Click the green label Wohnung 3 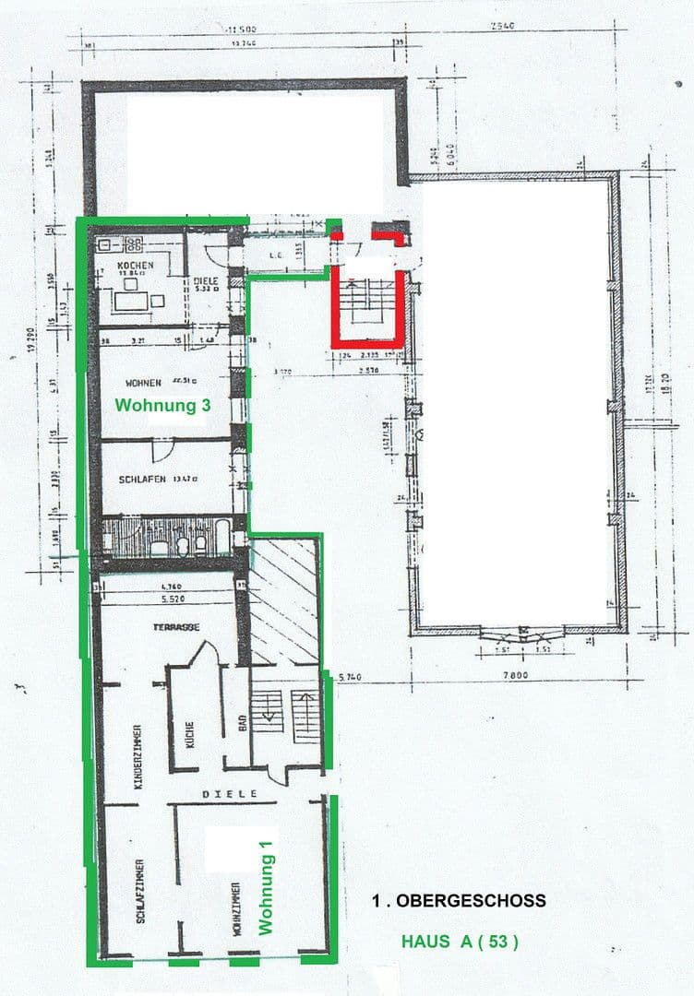(156, 405)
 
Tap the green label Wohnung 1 (268, 894)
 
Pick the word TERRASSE (177, 627)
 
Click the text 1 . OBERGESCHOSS (459, 900)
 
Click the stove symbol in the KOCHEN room (135, 245)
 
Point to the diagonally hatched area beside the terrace (283, 599)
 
